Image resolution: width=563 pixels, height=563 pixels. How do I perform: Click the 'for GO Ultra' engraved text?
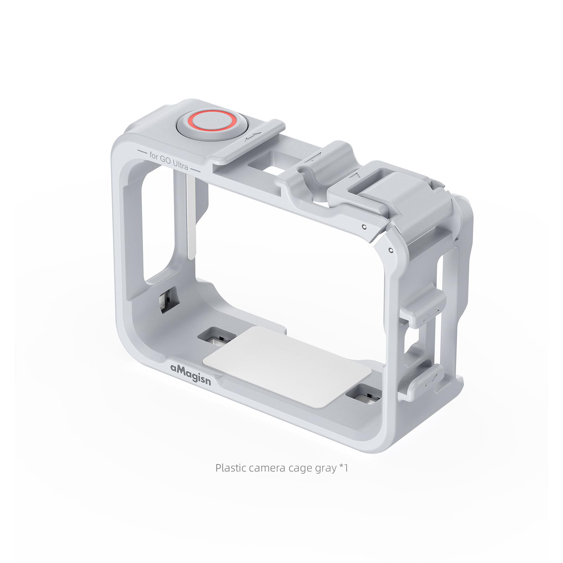(x=169, y=161)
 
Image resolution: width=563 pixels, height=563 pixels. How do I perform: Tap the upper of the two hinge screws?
(x=365, y=226)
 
